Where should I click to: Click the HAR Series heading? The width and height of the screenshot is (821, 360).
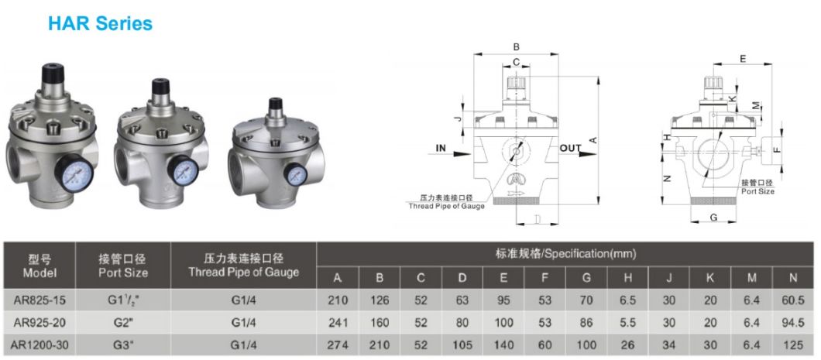pyautogui.click(x=100, y=23)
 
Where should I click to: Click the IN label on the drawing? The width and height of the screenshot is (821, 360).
pyautogui.click(x=441, y=147)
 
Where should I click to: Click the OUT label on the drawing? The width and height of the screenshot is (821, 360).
pyautogui.click(x=571, y=148)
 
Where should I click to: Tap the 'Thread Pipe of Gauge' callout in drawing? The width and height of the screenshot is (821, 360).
pyautogui.click(x=446, y=206)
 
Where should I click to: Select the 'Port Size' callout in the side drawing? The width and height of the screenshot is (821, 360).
pyautogui.click(x=757, y=190)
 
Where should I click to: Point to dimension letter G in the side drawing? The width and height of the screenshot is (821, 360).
pyautogui.click(x=713, y=218)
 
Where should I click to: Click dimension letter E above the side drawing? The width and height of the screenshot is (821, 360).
pyautogui.click(x=743, y=59)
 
